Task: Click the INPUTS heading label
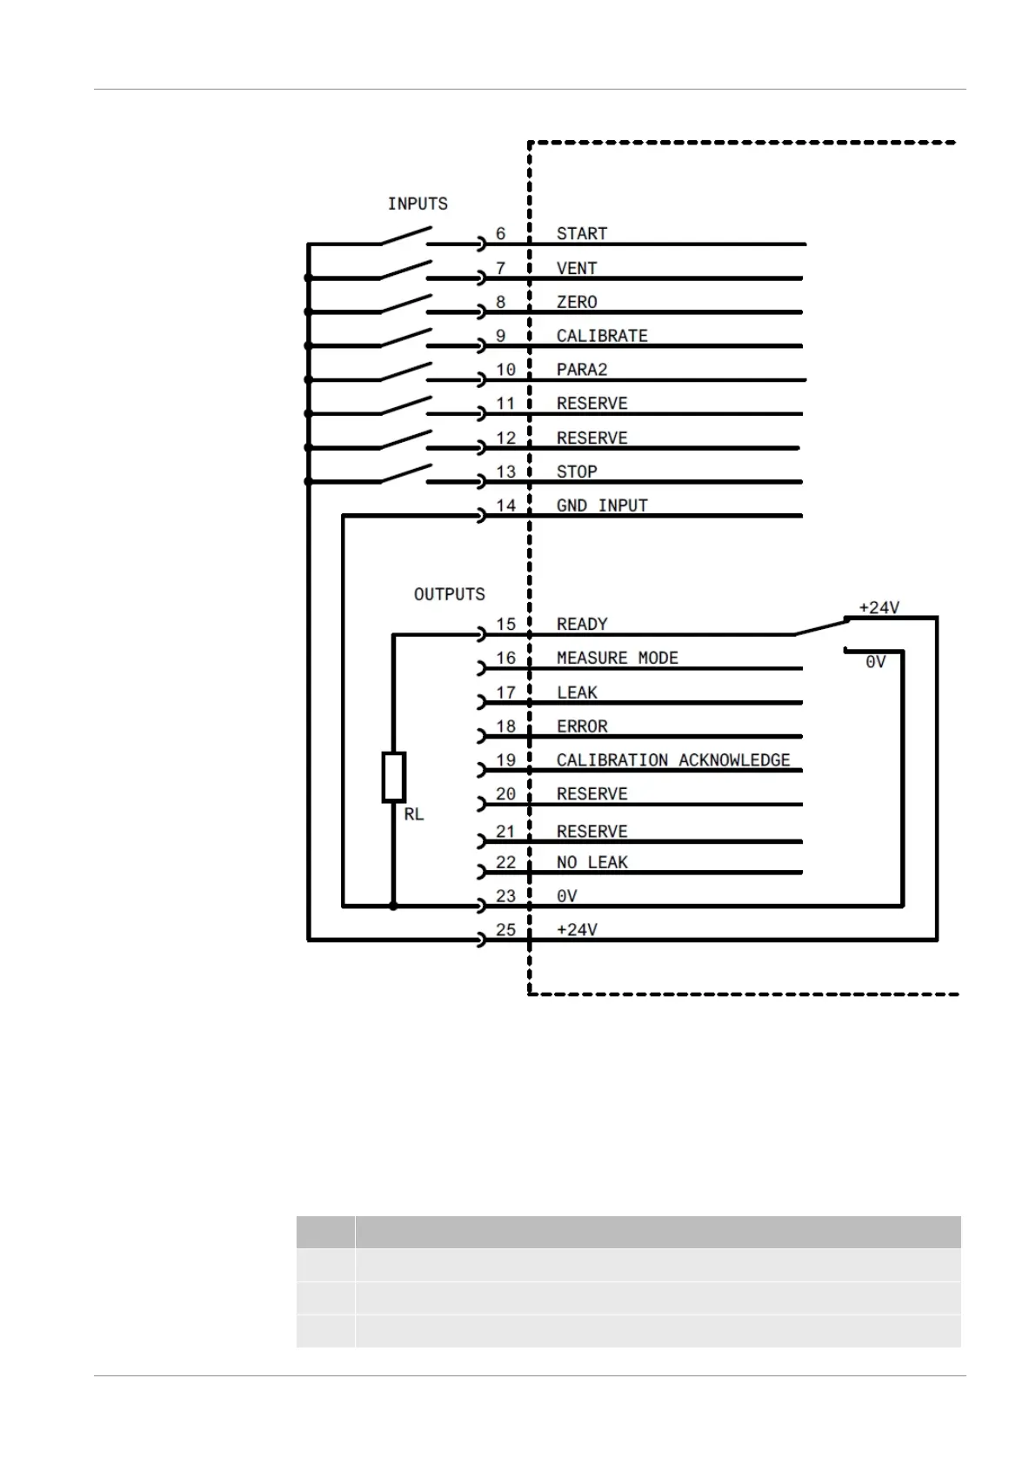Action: (x=418, y=204)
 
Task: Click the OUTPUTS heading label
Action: (x=449, y=594)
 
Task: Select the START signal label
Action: (x=581, y=233)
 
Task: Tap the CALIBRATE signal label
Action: (x=602, y=336)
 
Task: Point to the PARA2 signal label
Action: (x=581, y=370)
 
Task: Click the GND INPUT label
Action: (x=602, y=505)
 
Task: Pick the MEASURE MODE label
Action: (x=617, y=658)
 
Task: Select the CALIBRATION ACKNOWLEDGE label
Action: (x=672, y=760)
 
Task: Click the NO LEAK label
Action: (x=592, y=862)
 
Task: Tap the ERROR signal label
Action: (x=581, y=726)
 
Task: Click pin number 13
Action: (x=505, y=472)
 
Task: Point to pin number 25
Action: (x=505, y=930)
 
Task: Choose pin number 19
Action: (x=505, y=760)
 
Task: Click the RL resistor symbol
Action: (x=393, y=777)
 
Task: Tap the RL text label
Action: (x=413, y=814)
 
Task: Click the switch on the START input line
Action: (x=404, y=237)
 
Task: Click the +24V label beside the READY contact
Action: (x=879, y=608)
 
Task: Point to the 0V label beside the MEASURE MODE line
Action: (x=875, y=662)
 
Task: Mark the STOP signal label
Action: (x=576, y=472)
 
